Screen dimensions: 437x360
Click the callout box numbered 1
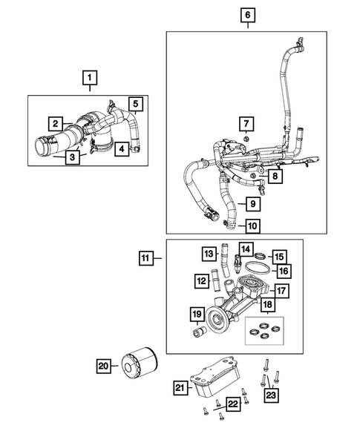tap(89, 77)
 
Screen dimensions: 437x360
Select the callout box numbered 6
tap(246, 15)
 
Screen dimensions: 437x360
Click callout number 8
tap(274, 177)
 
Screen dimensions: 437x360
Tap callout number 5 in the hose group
tap(136, 104)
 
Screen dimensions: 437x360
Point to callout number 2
tap(56, 123)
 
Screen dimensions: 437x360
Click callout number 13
tap(208, 254)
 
